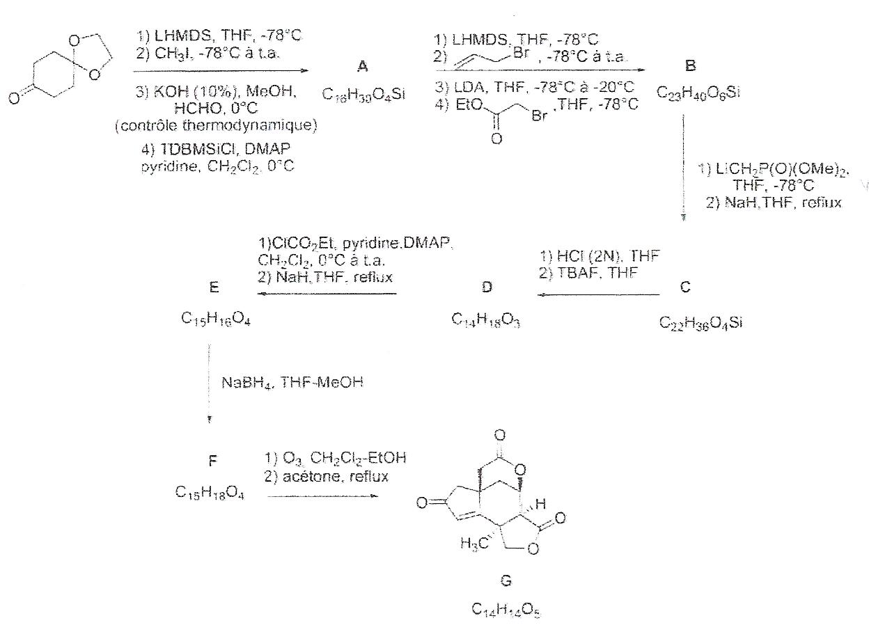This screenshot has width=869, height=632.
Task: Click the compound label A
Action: (x=362, y=67)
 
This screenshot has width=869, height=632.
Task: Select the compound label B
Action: (x=690, y=67)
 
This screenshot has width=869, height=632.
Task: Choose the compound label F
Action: (x=213, y=461)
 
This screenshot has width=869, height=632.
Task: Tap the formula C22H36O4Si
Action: (x=700, y=324)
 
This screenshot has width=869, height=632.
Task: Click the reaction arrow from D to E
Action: (x=327, y=294)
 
